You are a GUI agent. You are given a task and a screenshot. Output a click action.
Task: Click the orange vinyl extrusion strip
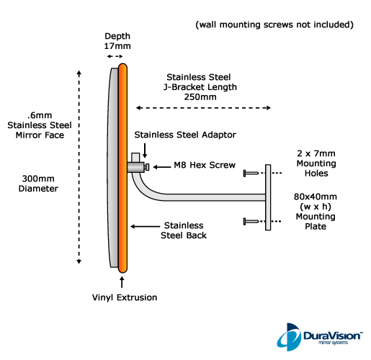pyautogui.click(x=122, y=168)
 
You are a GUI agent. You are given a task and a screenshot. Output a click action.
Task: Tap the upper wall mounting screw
pyautogui.click(x=251, y=173)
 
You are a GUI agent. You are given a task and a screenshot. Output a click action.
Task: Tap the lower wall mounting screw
pyautogui.click(x=251, y=221)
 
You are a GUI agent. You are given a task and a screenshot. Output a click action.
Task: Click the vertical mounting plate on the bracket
pyautogui.click(x=268, y=197)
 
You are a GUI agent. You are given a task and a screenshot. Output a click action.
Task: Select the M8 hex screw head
pyautogui.click(x=147, y=167)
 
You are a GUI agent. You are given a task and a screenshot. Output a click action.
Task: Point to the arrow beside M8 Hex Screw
pyautogui.click(x=162, y=167)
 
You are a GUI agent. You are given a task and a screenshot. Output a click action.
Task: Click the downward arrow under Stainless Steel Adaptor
pyautogui.click(x=145, y=150)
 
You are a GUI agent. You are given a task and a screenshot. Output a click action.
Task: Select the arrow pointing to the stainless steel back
pyautogui.click(x=145, y=226)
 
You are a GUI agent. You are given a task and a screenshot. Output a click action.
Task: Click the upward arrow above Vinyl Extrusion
pyautogui.click(x=122, y=282)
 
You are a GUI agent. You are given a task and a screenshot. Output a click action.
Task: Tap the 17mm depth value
pyautogui.click(x=117, y=46)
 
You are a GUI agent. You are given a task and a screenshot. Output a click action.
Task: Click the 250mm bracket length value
pyautogui.click(x=200, y=97)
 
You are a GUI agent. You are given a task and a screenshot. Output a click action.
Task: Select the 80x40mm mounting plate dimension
pyautogui.click(x=316, y=197)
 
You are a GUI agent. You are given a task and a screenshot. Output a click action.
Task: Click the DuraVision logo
pyautogui.click(x=320, y=337)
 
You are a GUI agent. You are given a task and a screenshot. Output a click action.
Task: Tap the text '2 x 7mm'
pyautogui.click(x=316, y=153)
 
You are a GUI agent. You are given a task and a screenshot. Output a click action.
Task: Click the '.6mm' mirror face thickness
pyautogui.click(x=40, y=115)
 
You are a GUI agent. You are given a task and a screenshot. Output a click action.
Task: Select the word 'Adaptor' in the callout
pyautogui.click(x=219, y=135)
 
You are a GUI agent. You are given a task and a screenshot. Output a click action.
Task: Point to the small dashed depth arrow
pyautogui.click(x=115, y=56)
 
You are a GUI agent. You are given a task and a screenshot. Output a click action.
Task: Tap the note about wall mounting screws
pyautogui.click(x=274, y=24)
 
